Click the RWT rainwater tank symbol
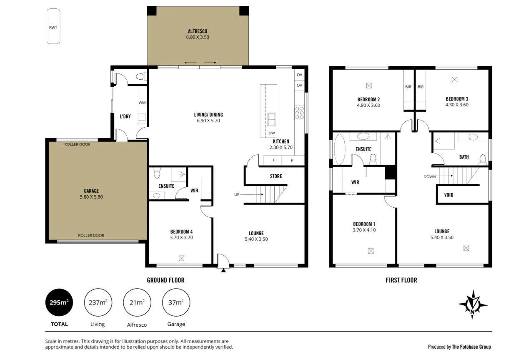(x=53, y=26)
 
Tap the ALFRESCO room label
(x=197, y=31)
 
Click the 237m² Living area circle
(x=98, y=302)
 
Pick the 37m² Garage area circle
(x=176, y=302)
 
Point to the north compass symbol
(x=472, y=304)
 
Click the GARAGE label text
(x=91, y=191)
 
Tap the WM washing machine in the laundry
(x=142, y=103)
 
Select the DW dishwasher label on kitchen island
(x=272, y=133)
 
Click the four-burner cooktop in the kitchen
(x=299, y=113)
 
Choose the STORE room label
(x=276, y=176)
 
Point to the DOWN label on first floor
(x=429, y=176)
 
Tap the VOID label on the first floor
(x=448, y=195)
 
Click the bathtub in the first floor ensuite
(x=340, y=149)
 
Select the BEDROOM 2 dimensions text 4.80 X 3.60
(x=368, y=106)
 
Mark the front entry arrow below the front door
(x=223, y=271)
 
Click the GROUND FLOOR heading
(x=165, y=280)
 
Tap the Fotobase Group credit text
(x=459, y=347)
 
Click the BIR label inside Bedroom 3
(x=420, y=87)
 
